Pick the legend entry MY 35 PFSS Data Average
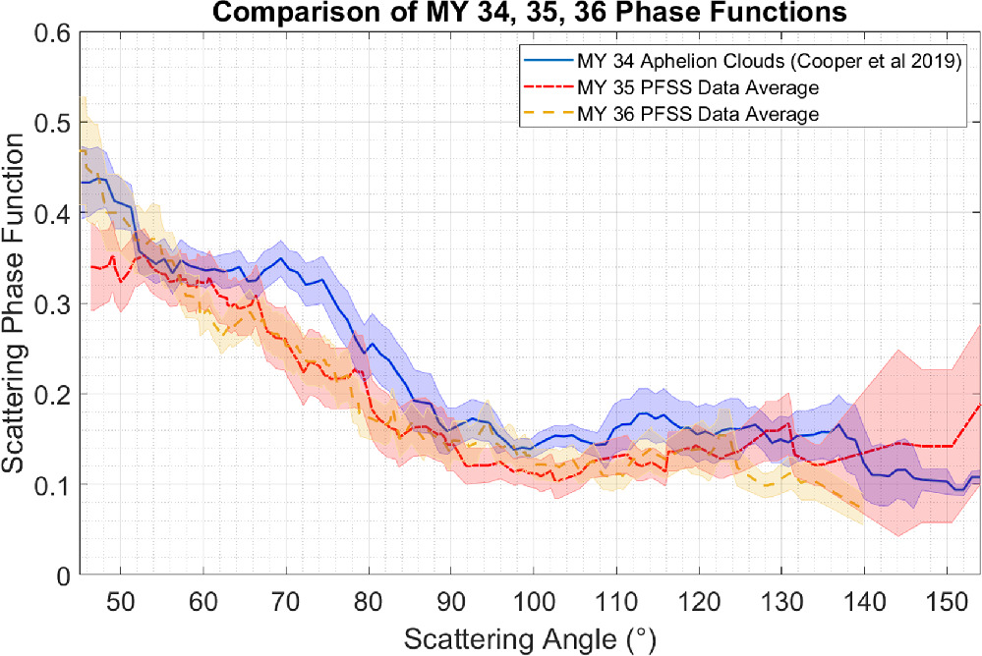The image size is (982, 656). point(699,88)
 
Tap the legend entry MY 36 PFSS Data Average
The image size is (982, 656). point(699,115)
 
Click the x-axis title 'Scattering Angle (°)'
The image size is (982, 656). point(528,638)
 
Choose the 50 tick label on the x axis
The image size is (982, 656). point(120,598)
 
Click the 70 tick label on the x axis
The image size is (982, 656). point(285,598)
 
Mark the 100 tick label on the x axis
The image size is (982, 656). point(532,598)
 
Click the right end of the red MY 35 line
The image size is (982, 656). point(979,404)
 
